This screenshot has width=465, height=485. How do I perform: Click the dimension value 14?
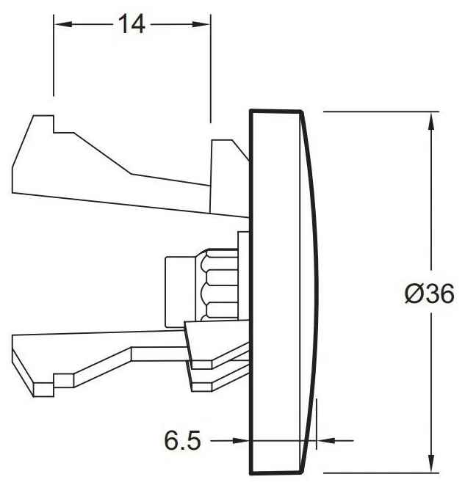pos(132,24)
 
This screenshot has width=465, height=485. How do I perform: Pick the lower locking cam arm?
pos(110,352)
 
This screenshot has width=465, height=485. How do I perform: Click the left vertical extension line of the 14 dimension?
pos(53,59)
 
